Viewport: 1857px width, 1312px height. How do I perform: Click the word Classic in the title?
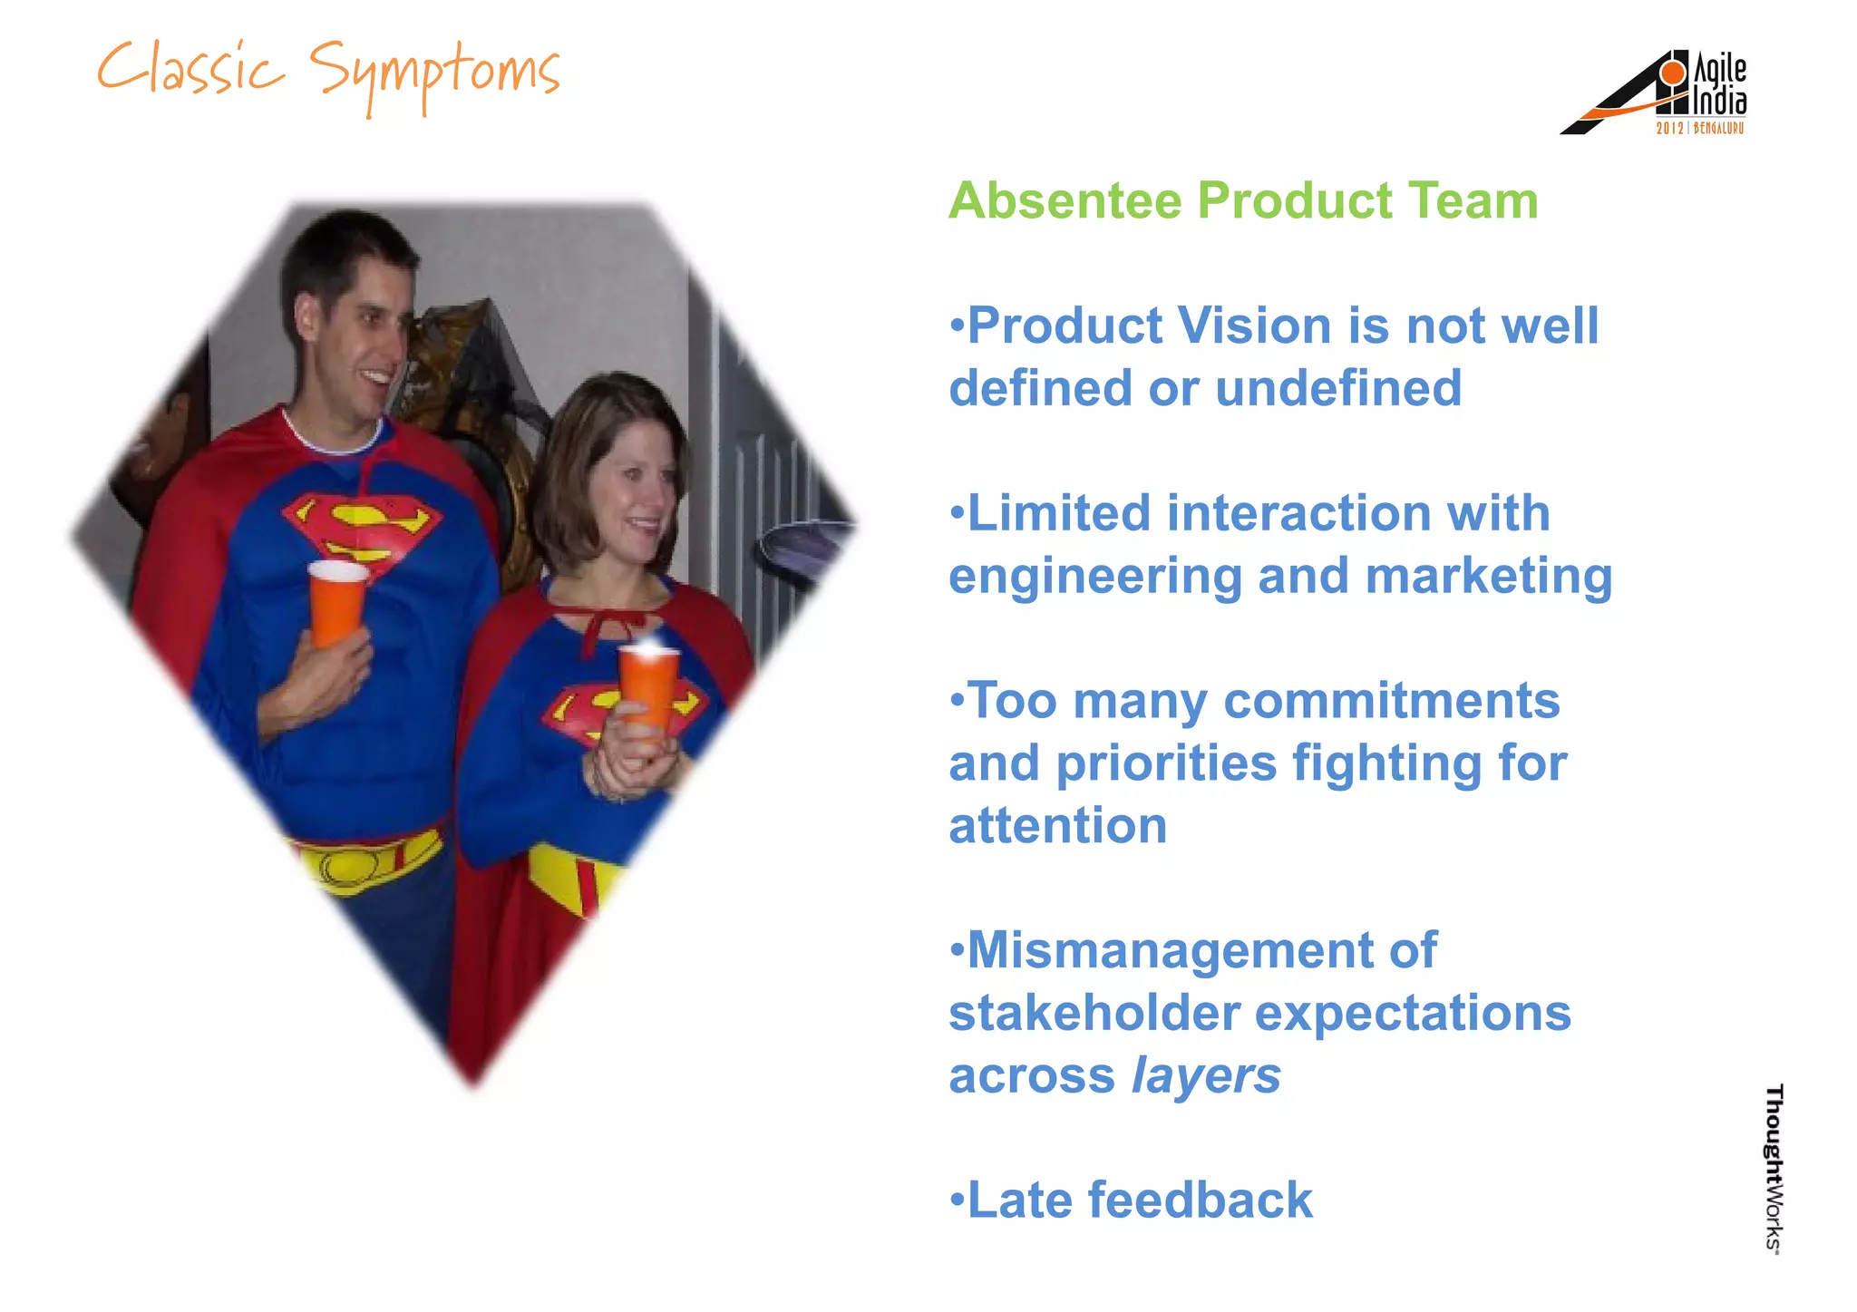[190, 71]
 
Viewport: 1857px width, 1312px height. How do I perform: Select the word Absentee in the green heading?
[1065, 200]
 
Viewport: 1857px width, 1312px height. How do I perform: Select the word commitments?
[1391, 701]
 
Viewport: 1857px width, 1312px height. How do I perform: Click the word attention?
[1057, 826]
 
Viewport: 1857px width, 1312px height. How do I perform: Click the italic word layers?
[1206, 1076]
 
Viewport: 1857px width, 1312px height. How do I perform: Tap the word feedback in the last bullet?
[1200, 1200]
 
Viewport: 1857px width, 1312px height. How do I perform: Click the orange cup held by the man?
[336, 602]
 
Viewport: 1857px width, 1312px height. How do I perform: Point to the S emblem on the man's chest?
[363, 530]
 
